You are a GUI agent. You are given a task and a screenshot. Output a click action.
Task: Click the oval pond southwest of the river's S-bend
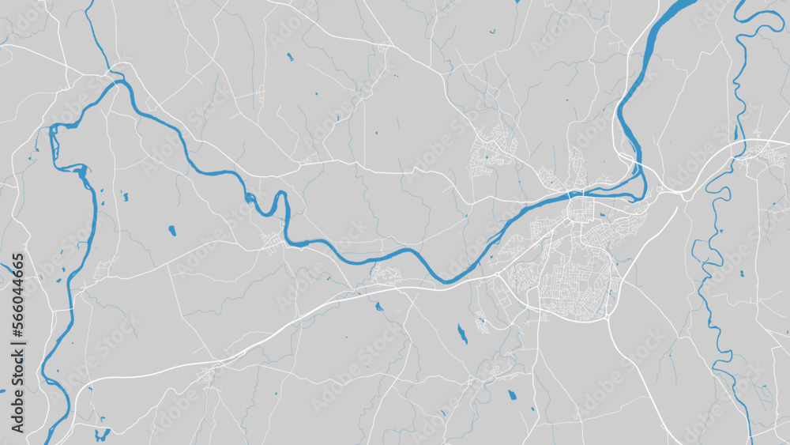[172, 231]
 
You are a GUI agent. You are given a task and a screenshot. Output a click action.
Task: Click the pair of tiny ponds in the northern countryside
[289, 57]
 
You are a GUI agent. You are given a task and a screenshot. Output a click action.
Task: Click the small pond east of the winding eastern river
[742, 273]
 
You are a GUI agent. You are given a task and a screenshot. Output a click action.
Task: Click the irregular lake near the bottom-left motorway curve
[102, 434]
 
